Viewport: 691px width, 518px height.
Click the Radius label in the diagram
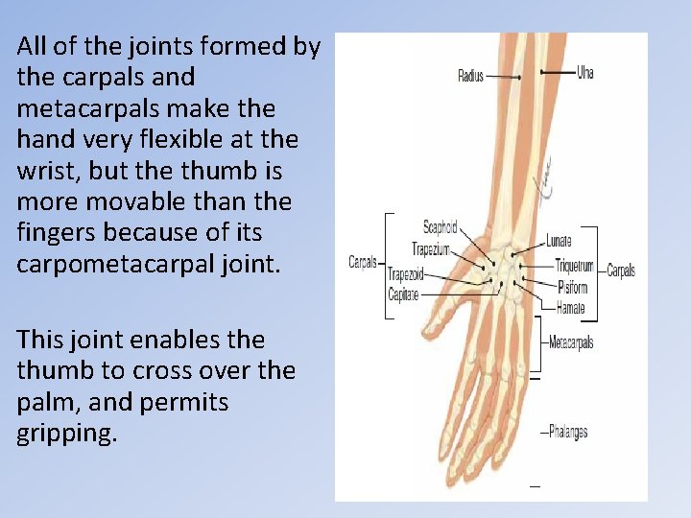pyautogui.click(x=470, y=76)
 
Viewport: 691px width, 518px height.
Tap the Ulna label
pyautogui.click(x=585, y=72)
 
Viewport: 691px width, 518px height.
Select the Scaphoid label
pyautogui.click(x=441, y=227)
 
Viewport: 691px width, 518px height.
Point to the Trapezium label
pyautogui.click(x=432, y=248)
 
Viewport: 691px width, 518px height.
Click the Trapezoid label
pyautogui.click(x=405, y=273)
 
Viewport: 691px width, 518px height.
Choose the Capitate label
pyautogui.click(x=403, y=294)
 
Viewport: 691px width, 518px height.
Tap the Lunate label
pyautogui.click(x=559, y=241)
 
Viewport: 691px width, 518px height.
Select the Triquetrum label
pyautogui.click(x=574, y=265)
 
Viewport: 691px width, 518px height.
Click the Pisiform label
pyautogui.click(x=573, y=286)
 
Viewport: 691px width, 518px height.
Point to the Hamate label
pyautogui.click(x=570, y=308)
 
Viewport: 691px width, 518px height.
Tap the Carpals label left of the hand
pyautogui.click(x=363, y=262)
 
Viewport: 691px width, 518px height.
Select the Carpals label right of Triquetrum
pyautogui.click(x=621, y=271)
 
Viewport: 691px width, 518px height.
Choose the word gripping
pyautogui.click(x=66, y=433)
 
